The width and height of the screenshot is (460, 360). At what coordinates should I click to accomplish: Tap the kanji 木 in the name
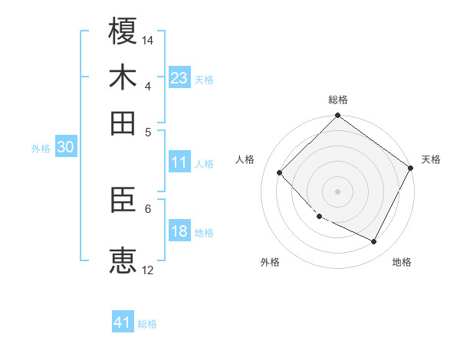pos(123,77)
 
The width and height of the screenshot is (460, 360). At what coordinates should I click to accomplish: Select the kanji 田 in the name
pos(123,123)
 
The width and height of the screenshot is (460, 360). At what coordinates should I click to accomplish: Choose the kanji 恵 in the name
pos(123,260)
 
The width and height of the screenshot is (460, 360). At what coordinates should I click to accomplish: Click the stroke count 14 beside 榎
pos(149,40)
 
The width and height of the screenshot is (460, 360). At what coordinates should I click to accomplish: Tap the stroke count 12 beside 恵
pos(148,270)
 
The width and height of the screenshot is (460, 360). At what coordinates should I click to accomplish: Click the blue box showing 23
pos(179,78)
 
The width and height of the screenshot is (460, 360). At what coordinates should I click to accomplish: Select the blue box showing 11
pos(179,162)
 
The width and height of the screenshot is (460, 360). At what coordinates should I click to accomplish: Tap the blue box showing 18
pos(179,231)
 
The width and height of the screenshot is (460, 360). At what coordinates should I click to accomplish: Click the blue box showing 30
pos(65,148)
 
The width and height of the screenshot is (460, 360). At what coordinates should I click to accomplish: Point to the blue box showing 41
pos(123,322)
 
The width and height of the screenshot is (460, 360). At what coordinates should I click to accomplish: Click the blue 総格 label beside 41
pos(147,324)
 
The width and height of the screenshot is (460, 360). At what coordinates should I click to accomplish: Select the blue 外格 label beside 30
pos(41,149)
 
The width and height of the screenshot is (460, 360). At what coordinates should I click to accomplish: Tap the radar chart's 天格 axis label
pos(431,159)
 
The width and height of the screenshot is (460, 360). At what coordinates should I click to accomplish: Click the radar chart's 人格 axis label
pos(245,159)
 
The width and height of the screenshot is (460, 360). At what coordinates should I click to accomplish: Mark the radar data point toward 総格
pos(337,116)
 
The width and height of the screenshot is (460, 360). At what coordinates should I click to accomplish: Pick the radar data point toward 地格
pos(374,242)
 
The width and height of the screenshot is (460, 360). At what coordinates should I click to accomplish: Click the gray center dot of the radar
pos(337,191)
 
